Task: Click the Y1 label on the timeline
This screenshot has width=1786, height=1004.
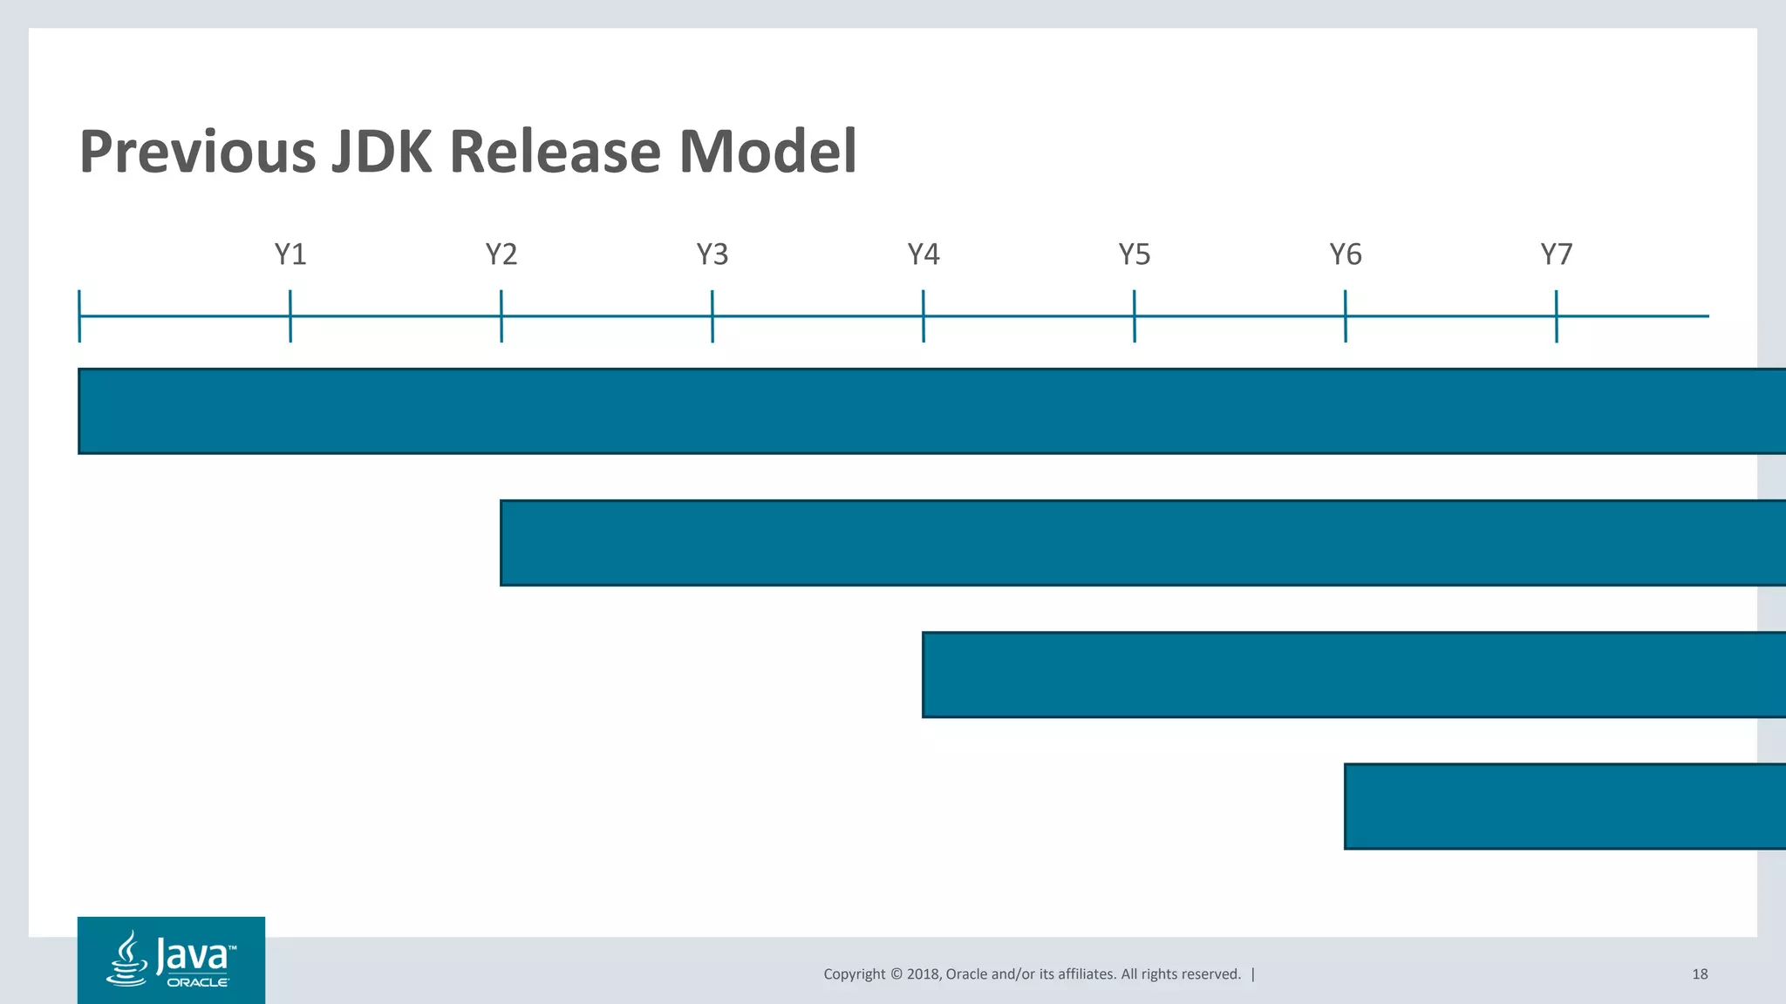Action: [x=290, y=254]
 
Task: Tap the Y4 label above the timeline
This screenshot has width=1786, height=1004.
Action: [x=924, y=254]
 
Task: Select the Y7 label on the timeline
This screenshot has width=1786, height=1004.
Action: [x=1557, y=254]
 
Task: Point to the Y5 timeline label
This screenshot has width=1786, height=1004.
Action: [x=1135, y=254]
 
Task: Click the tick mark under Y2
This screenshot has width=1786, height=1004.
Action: [x=501, y=315]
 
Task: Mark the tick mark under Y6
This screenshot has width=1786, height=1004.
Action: [x=1346, y=315]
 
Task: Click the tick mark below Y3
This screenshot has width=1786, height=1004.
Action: [x=712, y=315]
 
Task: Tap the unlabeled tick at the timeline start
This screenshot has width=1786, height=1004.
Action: [x=79, y=315]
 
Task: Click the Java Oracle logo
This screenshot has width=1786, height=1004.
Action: [x=171, y=960]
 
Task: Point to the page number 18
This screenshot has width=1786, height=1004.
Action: [x=1700, y=974]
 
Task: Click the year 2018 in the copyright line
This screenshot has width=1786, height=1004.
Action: [x=923, y=974]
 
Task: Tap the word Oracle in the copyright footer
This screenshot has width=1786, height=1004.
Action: [x=966, y=974]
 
